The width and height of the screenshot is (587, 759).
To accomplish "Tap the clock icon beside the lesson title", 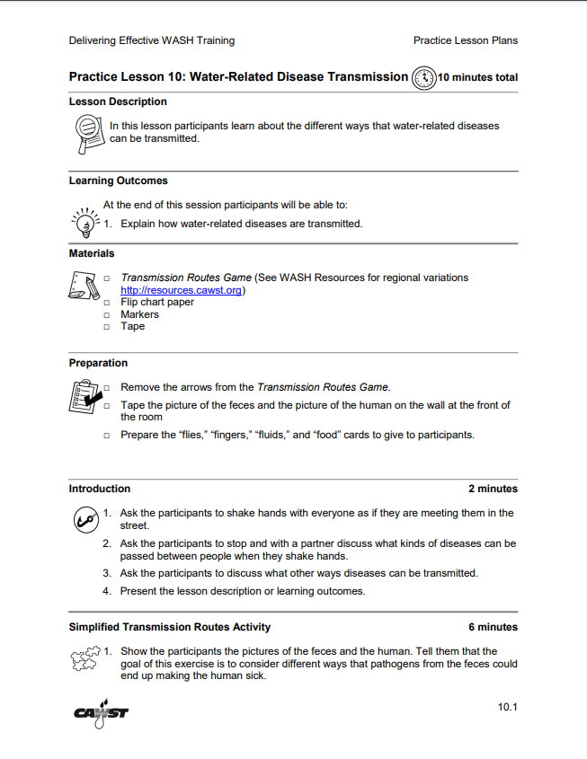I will (422, 77).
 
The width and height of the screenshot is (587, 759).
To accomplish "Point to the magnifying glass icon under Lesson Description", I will (86, 133).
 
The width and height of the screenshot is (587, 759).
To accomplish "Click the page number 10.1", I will (507, 708).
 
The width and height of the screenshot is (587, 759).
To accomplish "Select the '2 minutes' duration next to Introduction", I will (493, 489).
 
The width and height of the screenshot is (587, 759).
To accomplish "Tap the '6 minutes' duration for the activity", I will (493, 627).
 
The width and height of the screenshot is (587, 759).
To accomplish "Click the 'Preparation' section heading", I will (98, 363).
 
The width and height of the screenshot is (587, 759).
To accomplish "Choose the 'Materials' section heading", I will (92, 253).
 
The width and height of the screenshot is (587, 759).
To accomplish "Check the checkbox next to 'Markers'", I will (107, 315).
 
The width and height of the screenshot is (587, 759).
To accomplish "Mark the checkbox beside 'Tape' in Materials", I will (107, 327).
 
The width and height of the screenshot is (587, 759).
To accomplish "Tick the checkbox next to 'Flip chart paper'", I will (107, 303).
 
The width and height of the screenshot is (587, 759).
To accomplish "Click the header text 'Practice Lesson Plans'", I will (465, 40).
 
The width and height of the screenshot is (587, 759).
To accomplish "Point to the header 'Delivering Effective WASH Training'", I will (151, 40).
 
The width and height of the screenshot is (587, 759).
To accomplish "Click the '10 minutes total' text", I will (477, 77).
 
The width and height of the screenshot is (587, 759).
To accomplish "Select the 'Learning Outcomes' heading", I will (118, 181).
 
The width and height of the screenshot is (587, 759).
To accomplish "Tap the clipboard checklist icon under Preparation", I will (84, 395).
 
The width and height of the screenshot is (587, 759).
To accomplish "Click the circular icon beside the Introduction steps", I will (84, 519).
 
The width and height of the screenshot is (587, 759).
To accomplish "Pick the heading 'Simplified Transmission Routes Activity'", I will (169, 627).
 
